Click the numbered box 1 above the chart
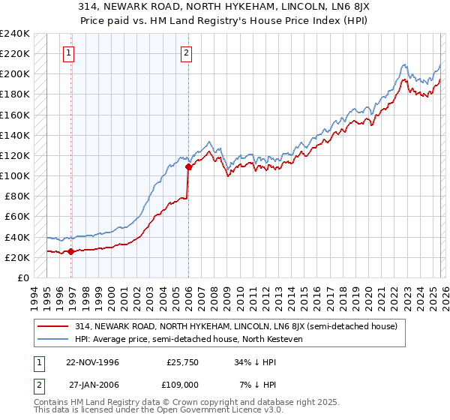tap(68, 52)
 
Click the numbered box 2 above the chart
tap(185, 52)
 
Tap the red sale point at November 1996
tap(71, 252)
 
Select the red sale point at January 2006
tap(188, 167)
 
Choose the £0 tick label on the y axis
tap(22, 277)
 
